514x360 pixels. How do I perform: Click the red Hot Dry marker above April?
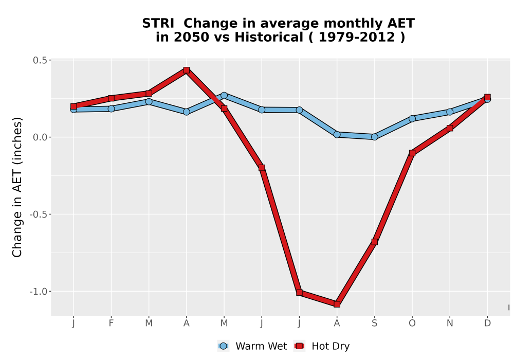(x=187, y=70)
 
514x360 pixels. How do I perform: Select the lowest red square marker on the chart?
(x=337, y=304)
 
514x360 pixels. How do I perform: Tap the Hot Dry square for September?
(x=374, y=242)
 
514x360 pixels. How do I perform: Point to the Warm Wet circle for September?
(x=374, y=137)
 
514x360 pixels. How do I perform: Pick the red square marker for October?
(x=412, y=153)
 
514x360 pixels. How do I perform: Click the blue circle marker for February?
(x=111, y=109)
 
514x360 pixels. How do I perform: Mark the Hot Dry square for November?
(x=450, y=128)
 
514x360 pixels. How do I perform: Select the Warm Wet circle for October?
(x=412, y=118)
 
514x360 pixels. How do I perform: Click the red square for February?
(x=111, y=98)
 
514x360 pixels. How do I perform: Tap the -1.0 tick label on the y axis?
(x=39, y=292)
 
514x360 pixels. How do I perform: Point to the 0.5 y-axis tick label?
(x=40, y=60)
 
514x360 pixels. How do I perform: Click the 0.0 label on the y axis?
(x=40, y=137)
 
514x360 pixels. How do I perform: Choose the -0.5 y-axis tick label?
(x=39, y=214)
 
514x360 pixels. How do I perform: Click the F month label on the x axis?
(x=111, y=323)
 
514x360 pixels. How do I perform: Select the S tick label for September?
(x=374, y=323)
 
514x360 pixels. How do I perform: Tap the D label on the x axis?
(x=487, y=323)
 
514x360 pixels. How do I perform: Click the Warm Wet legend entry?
(x=252, y=346)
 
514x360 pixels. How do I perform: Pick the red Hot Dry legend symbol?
(x=299, y=346)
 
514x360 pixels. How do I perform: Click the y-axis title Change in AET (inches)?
(x=17, y=187)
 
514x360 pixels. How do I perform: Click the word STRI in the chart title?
(x=158, y=24)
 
